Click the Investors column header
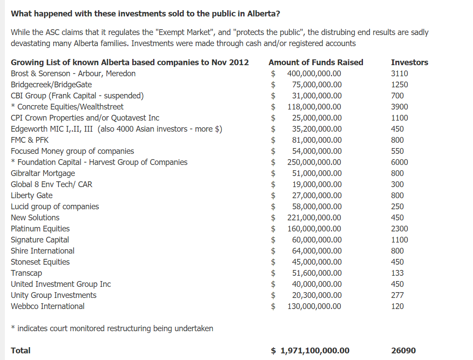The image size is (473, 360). pyautogui.click(x=410, y=63)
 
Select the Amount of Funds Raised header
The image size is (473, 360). pyautogui.click(x=315, y=63)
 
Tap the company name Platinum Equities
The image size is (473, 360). pyautogui.click(x=40, y=229)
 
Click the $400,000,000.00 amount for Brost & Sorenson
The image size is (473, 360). pyautogui.click(x=314, y=74)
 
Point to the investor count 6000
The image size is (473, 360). pyautogui.click(x=399, y=162)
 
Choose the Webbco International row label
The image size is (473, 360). pyautogui.click(x=47, y=306)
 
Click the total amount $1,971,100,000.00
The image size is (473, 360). pyautogui.click(x=315, y=351)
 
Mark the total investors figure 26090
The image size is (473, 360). pyautogui.click(x=403, y=351)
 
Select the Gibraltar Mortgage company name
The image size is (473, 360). pyautogui.click(x=43, y=173)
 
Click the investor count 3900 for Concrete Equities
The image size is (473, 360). pyautogui.click(x=399, y=107)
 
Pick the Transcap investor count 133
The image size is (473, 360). pyautogui.click(x=398, y=273)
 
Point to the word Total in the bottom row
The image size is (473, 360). pyautogui.click(x=20, y=351)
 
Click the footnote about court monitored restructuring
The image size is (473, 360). pyautogui.click(x=112, y=329)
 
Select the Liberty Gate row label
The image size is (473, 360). pyautogui.click(x=32, y=196)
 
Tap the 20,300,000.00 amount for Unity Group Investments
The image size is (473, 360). pyautogui.click(x=317, y=295)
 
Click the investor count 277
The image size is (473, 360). pyautogui.click(x=398, y=295)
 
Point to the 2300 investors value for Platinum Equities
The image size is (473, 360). pyautogui.click(x=399, y=229)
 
